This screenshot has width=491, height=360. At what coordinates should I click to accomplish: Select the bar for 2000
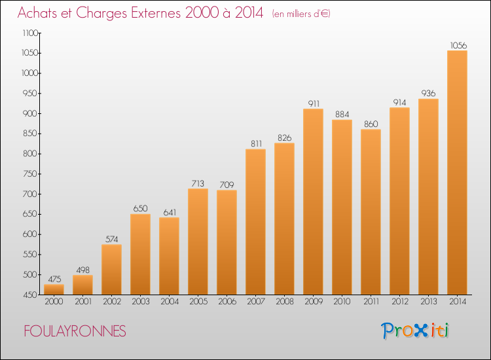click(54, 289)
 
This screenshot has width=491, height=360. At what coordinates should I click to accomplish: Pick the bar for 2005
click(198, 242)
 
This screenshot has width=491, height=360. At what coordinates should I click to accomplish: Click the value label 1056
click(458, 45)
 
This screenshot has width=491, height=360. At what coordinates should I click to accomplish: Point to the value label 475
click(54, 279)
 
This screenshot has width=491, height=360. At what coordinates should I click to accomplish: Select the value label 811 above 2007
click(255, 144)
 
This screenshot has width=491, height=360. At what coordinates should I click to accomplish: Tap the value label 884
click(342, 115)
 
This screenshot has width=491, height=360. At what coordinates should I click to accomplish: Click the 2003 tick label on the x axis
click(140, 302)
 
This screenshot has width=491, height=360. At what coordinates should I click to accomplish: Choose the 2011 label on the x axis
click(371, 302)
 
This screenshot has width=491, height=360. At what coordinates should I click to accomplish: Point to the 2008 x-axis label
click(284, 302)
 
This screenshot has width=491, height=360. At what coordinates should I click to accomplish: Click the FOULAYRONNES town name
click(75, 331)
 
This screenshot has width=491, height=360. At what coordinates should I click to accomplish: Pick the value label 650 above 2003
click(140, 209)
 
